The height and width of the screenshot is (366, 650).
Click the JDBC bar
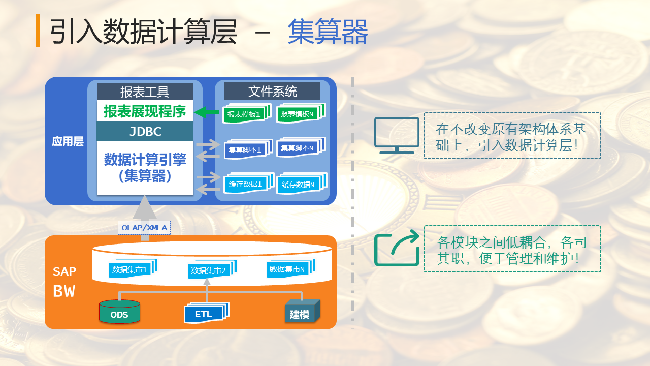point(145,132)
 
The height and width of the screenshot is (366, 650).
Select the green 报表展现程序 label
point(145,111)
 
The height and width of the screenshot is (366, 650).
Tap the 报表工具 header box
point(145,91)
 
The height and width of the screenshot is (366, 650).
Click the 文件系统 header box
point(273,91)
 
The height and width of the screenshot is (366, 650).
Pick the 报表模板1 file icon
point(244,114)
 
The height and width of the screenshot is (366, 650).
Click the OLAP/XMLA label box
point(144,228)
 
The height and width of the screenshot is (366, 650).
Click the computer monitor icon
point(397,135)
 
